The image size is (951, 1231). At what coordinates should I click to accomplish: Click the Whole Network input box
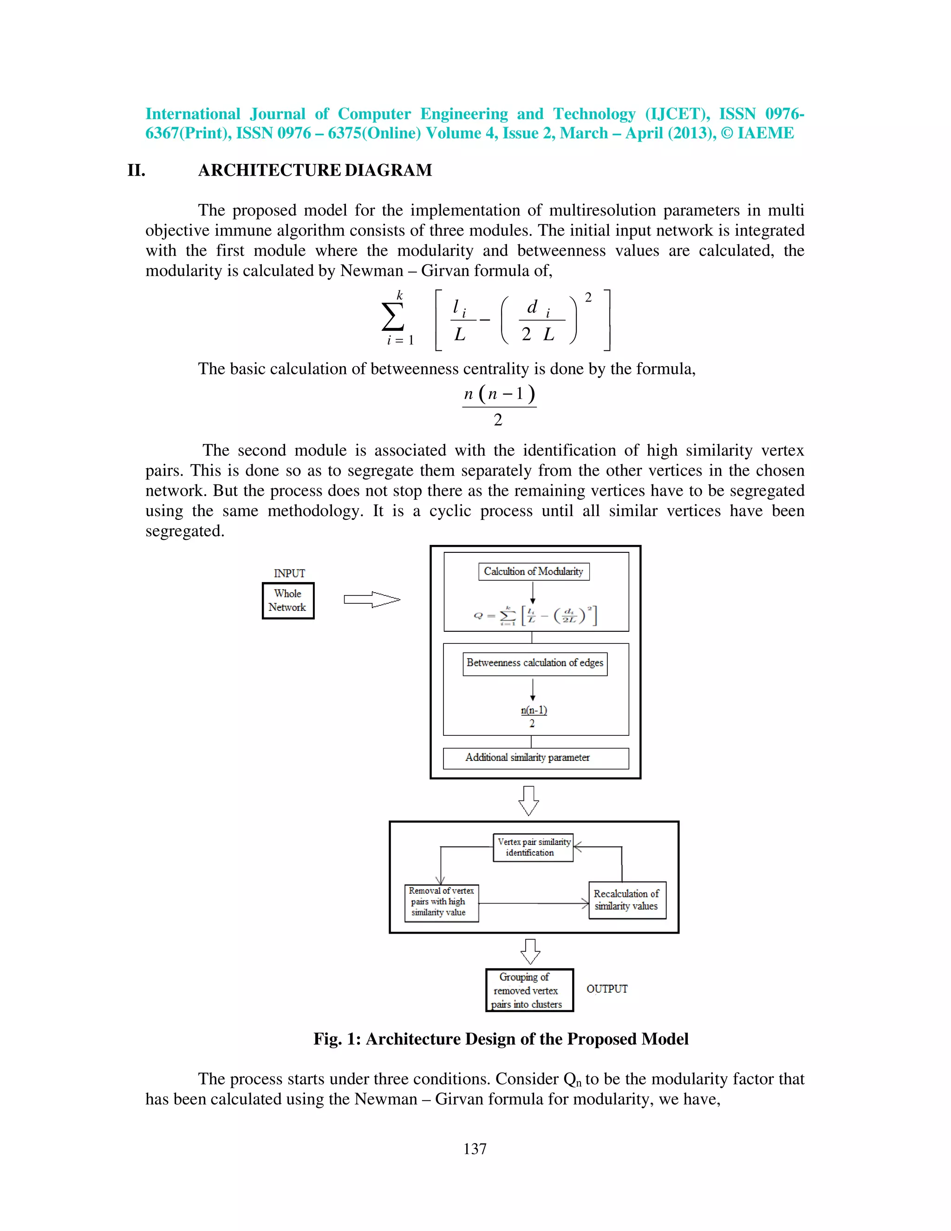coord(288,600)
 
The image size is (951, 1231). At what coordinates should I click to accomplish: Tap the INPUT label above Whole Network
coord(289,573)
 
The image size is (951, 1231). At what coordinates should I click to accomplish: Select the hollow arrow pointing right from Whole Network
coord(372,599)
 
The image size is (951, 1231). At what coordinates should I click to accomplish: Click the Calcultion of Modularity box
coord(533,571)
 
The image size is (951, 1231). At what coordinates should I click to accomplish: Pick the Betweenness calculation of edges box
coord(534,663)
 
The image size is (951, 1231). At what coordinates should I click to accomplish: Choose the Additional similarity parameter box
coord(535,758)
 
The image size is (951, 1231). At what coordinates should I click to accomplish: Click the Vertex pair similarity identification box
coord(533,847)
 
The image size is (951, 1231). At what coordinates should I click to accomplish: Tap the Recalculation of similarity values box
coord(626,900)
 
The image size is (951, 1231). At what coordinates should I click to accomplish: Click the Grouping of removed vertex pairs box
coord(529,990)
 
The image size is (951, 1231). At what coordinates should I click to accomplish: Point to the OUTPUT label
coord(607,989)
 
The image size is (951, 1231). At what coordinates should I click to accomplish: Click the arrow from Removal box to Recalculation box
coord(533,904)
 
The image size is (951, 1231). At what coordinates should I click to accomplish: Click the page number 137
coord(475,1149)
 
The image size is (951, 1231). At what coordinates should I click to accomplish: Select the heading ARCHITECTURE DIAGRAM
coord(315,170)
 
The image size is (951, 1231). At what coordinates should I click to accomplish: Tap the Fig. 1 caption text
coord(501,1039)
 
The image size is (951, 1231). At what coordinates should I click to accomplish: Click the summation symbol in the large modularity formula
coord(393,317)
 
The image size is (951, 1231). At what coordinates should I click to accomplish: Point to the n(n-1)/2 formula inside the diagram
coord(533,716)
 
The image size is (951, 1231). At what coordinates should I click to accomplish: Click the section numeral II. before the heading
coord(137,170)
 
